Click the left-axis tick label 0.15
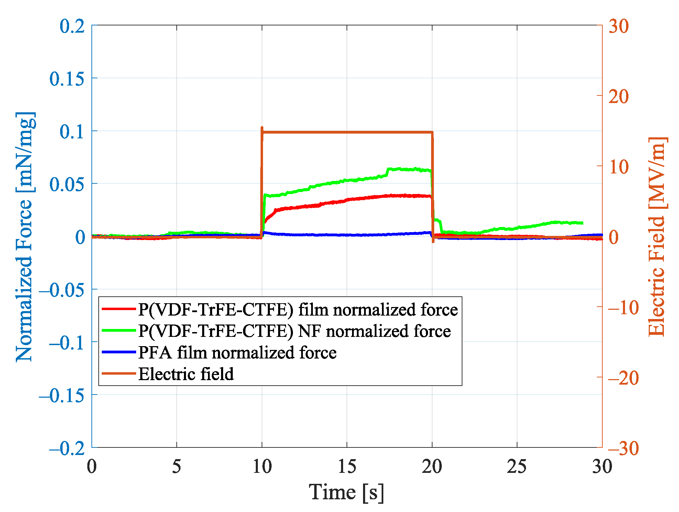tap(67, 79)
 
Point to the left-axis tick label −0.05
tap(62, 290)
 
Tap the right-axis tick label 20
tap(618, 96)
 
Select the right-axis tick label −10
tap(623, 308)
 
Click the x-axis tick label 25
tap(516, 466)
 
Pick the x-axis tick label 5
tap(176, 466)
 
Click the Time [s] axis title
tap(346, 492)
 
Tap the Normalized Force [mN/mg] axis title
tap(25, 237)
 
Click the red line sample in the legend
tap(119, 309)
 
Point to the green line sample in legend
tap(119, 331)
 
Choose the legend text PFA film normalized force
tap(237, 353)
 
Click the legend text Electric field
tap(186, 374)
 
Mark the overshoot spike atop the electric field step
tap(262, 128)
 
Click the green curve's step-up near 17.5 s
tap(387, 171)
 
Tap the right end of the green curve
tap(582, 223)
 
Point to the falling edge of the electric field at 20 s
tap(432, 185)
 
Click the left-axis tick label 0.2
tap(72, 26)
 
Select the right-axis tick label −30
tap(623, 448)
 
